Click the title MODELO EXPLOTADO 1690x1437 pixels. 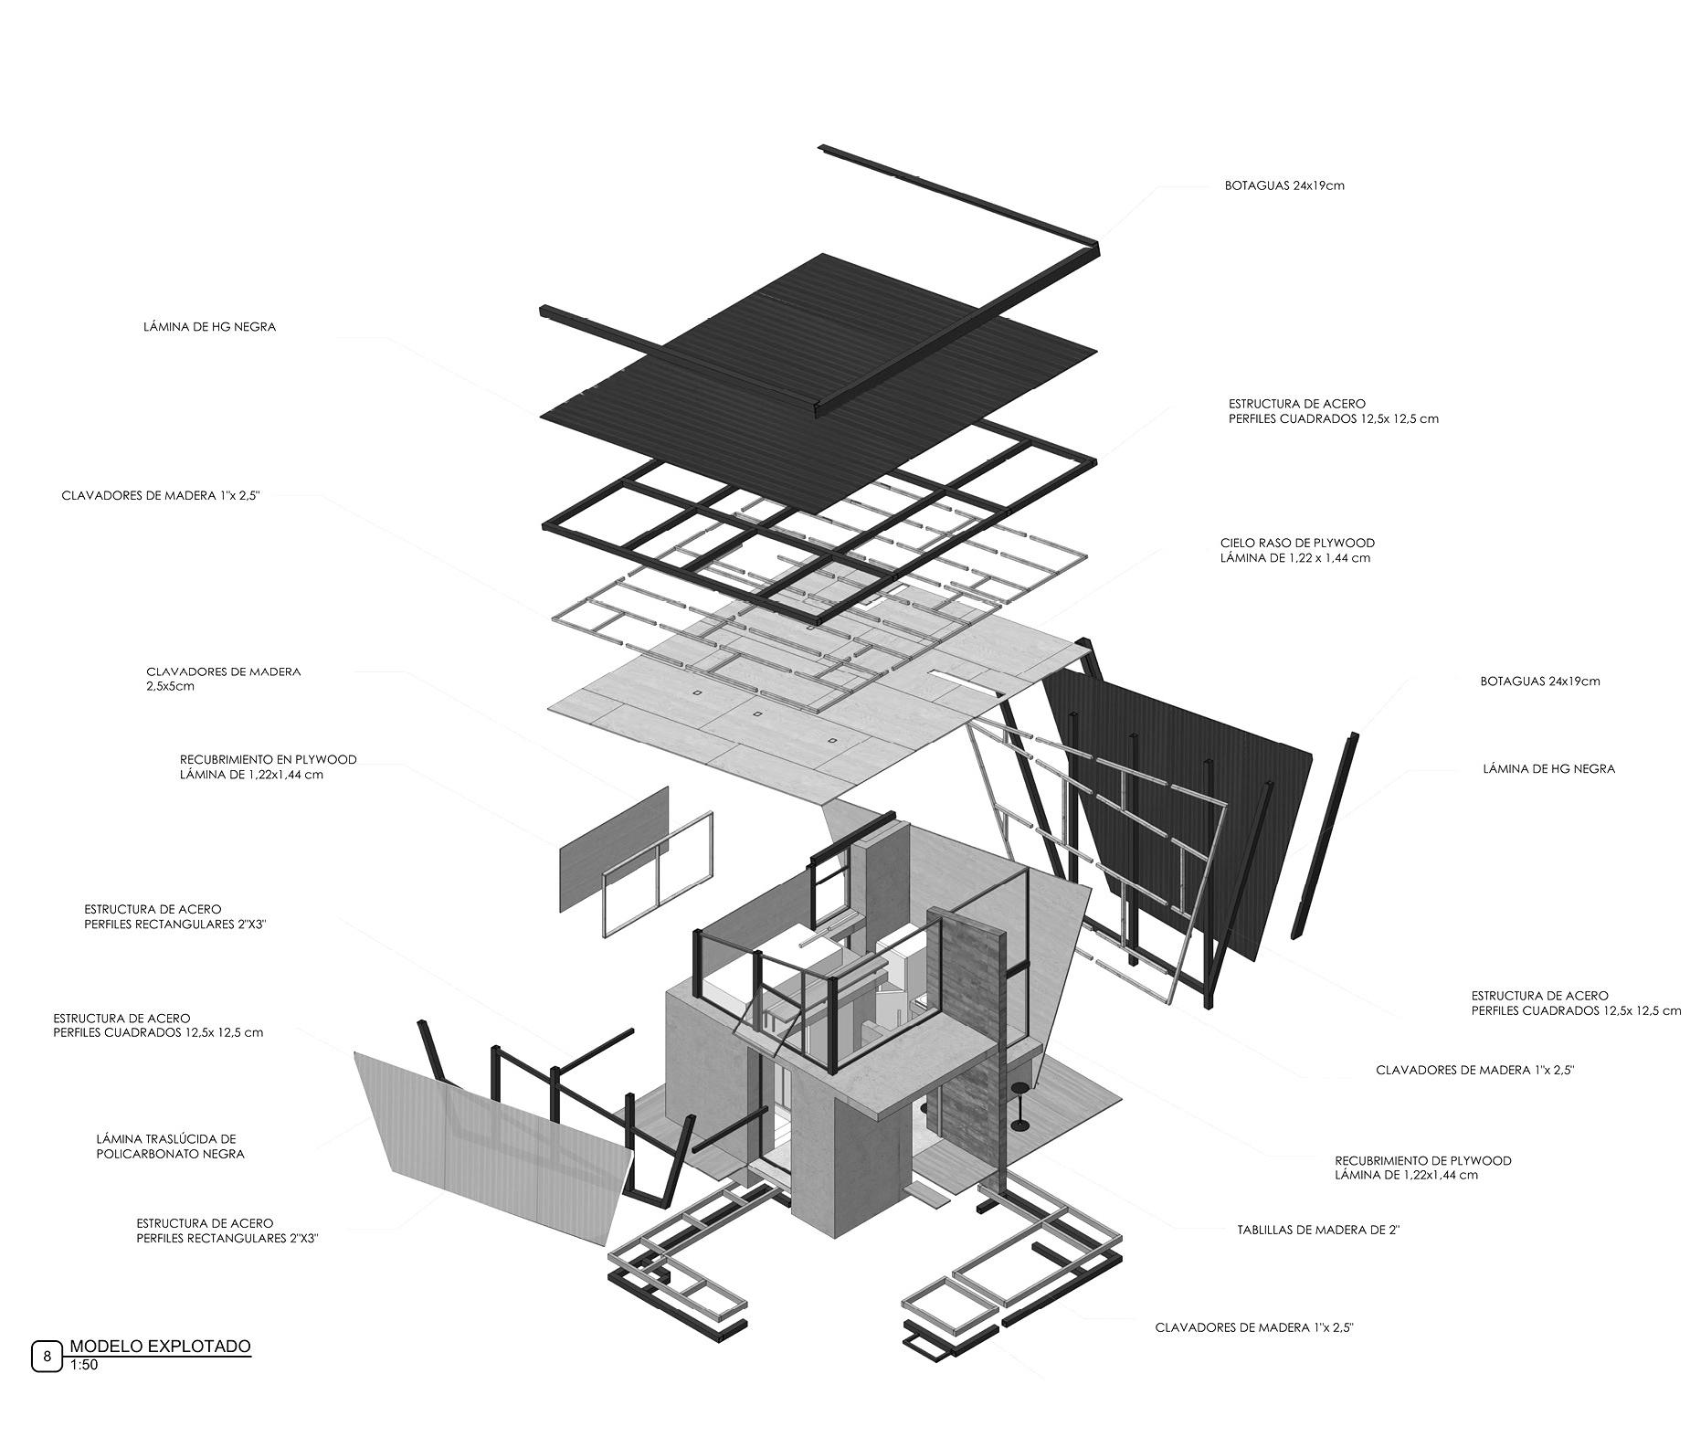pos(160,1346)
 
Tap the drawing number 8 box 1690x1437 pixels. pos(47,1357)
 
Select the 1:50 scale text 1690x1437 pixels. pos(83,1366)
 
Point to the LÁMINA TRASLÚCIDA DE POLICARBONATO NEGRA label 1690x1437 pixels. pos(170,1146)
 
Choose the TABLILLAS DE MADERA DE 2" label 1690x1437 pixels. pos(1318,1230)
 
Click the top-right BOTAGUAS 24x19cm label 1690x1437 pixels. pos(1284,185)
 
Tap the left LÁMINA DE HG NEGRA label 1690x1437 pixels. pos(209,326)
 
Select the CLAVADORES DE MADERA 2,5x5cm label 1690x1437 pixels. pos(223,679)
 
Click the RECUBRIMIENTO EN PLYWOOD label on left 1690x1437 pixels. pos(268,766)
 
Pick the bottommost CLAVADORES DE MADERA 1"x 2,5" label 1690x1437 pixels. pos(1253,1327)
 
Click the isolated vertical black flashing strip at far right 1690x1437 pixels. pos(1325,836)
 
